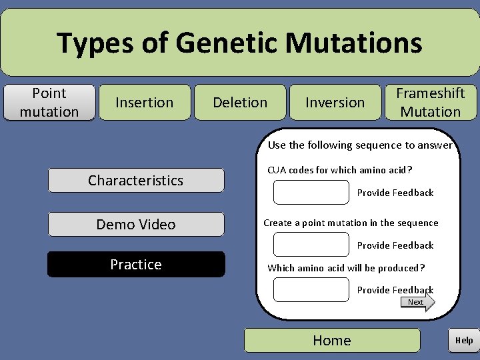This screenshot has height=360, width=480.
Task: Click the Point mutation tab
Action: pyautogui.click(x=49, y=102)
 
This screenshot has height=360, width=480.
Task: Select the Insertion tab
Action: pyautogui.click(x=145, y=102)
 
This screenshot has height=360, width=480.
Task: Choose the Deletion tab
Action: pyautogui.click(x=240, y=102)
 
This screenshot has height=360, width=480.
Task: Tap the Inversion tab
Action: pyautogui.click(x=335, y=102)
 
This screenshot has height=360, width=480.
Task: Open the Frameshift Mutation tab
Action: pyautogui.click(x=431, y=102)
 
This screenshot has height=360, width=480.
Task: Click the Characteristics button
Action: pyautogui.click(x=135, y=180)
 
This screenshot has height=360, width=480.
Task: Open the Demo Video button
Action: pyautogui.click(x=135, y=224)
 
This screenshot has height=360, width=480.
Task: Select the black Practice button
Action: pyautogui.click(x=135, y=264)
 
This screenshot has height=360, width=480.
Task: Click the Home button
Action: pyautogui.click(x=332, y=340)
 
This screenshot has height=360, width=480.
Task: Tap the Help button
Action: pyautogui.click(x=464, y=340)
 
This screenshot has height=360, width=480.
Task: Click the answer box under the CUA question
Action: pyautogui.click(x=311, y=192)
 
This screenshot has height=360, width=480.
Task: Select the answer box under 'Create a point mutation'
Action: pyautogui.click(x=311, y=245)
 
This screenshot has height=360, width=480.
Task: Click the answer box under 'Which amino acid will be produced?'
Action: pyautogui.click(x=311, y=289)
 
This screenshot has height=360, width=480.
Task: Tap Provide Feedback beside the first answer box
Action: pyautogui.click(x=395, y=193)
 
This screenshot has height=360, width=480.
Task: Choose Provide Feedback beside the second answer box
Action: pyautogui.click(x=395, y=245)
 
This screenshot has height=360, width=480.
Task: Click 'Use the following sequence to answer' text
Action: pyautogui.click(x=360, y=145)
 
